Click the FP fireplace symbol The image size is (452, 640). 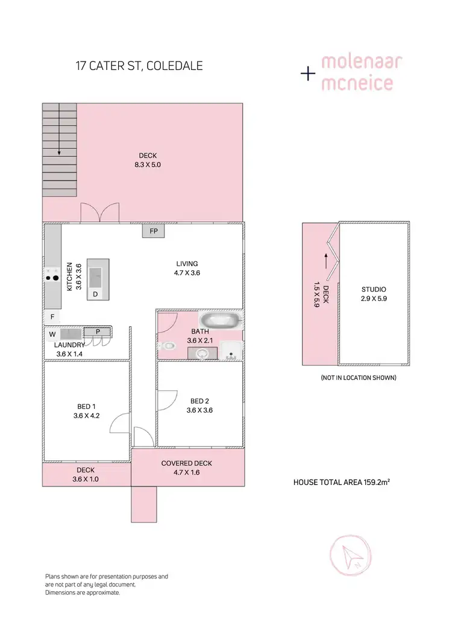coord(152,230)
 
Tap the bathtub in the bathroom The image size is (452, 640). coord(221,320)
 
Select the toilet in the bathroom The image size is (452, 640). coord(168,346)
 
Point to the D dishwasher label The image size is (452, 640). coord(95,294)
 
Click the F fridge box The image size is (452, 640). coord(52,317)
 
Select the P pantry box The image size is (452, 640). coord(97,331)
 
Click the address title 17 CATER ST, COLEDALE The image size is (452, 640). coord(139,65)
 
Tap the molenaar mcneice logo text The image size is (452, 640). coord(357,73)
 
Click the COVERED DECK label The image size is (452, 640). coord(187,463)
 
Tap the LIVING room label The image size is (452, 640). coord(187,264)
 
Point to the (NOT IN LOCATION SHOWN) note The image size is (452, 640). coord(358,378)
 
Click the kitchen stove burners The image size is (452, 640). coord(51,278)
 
